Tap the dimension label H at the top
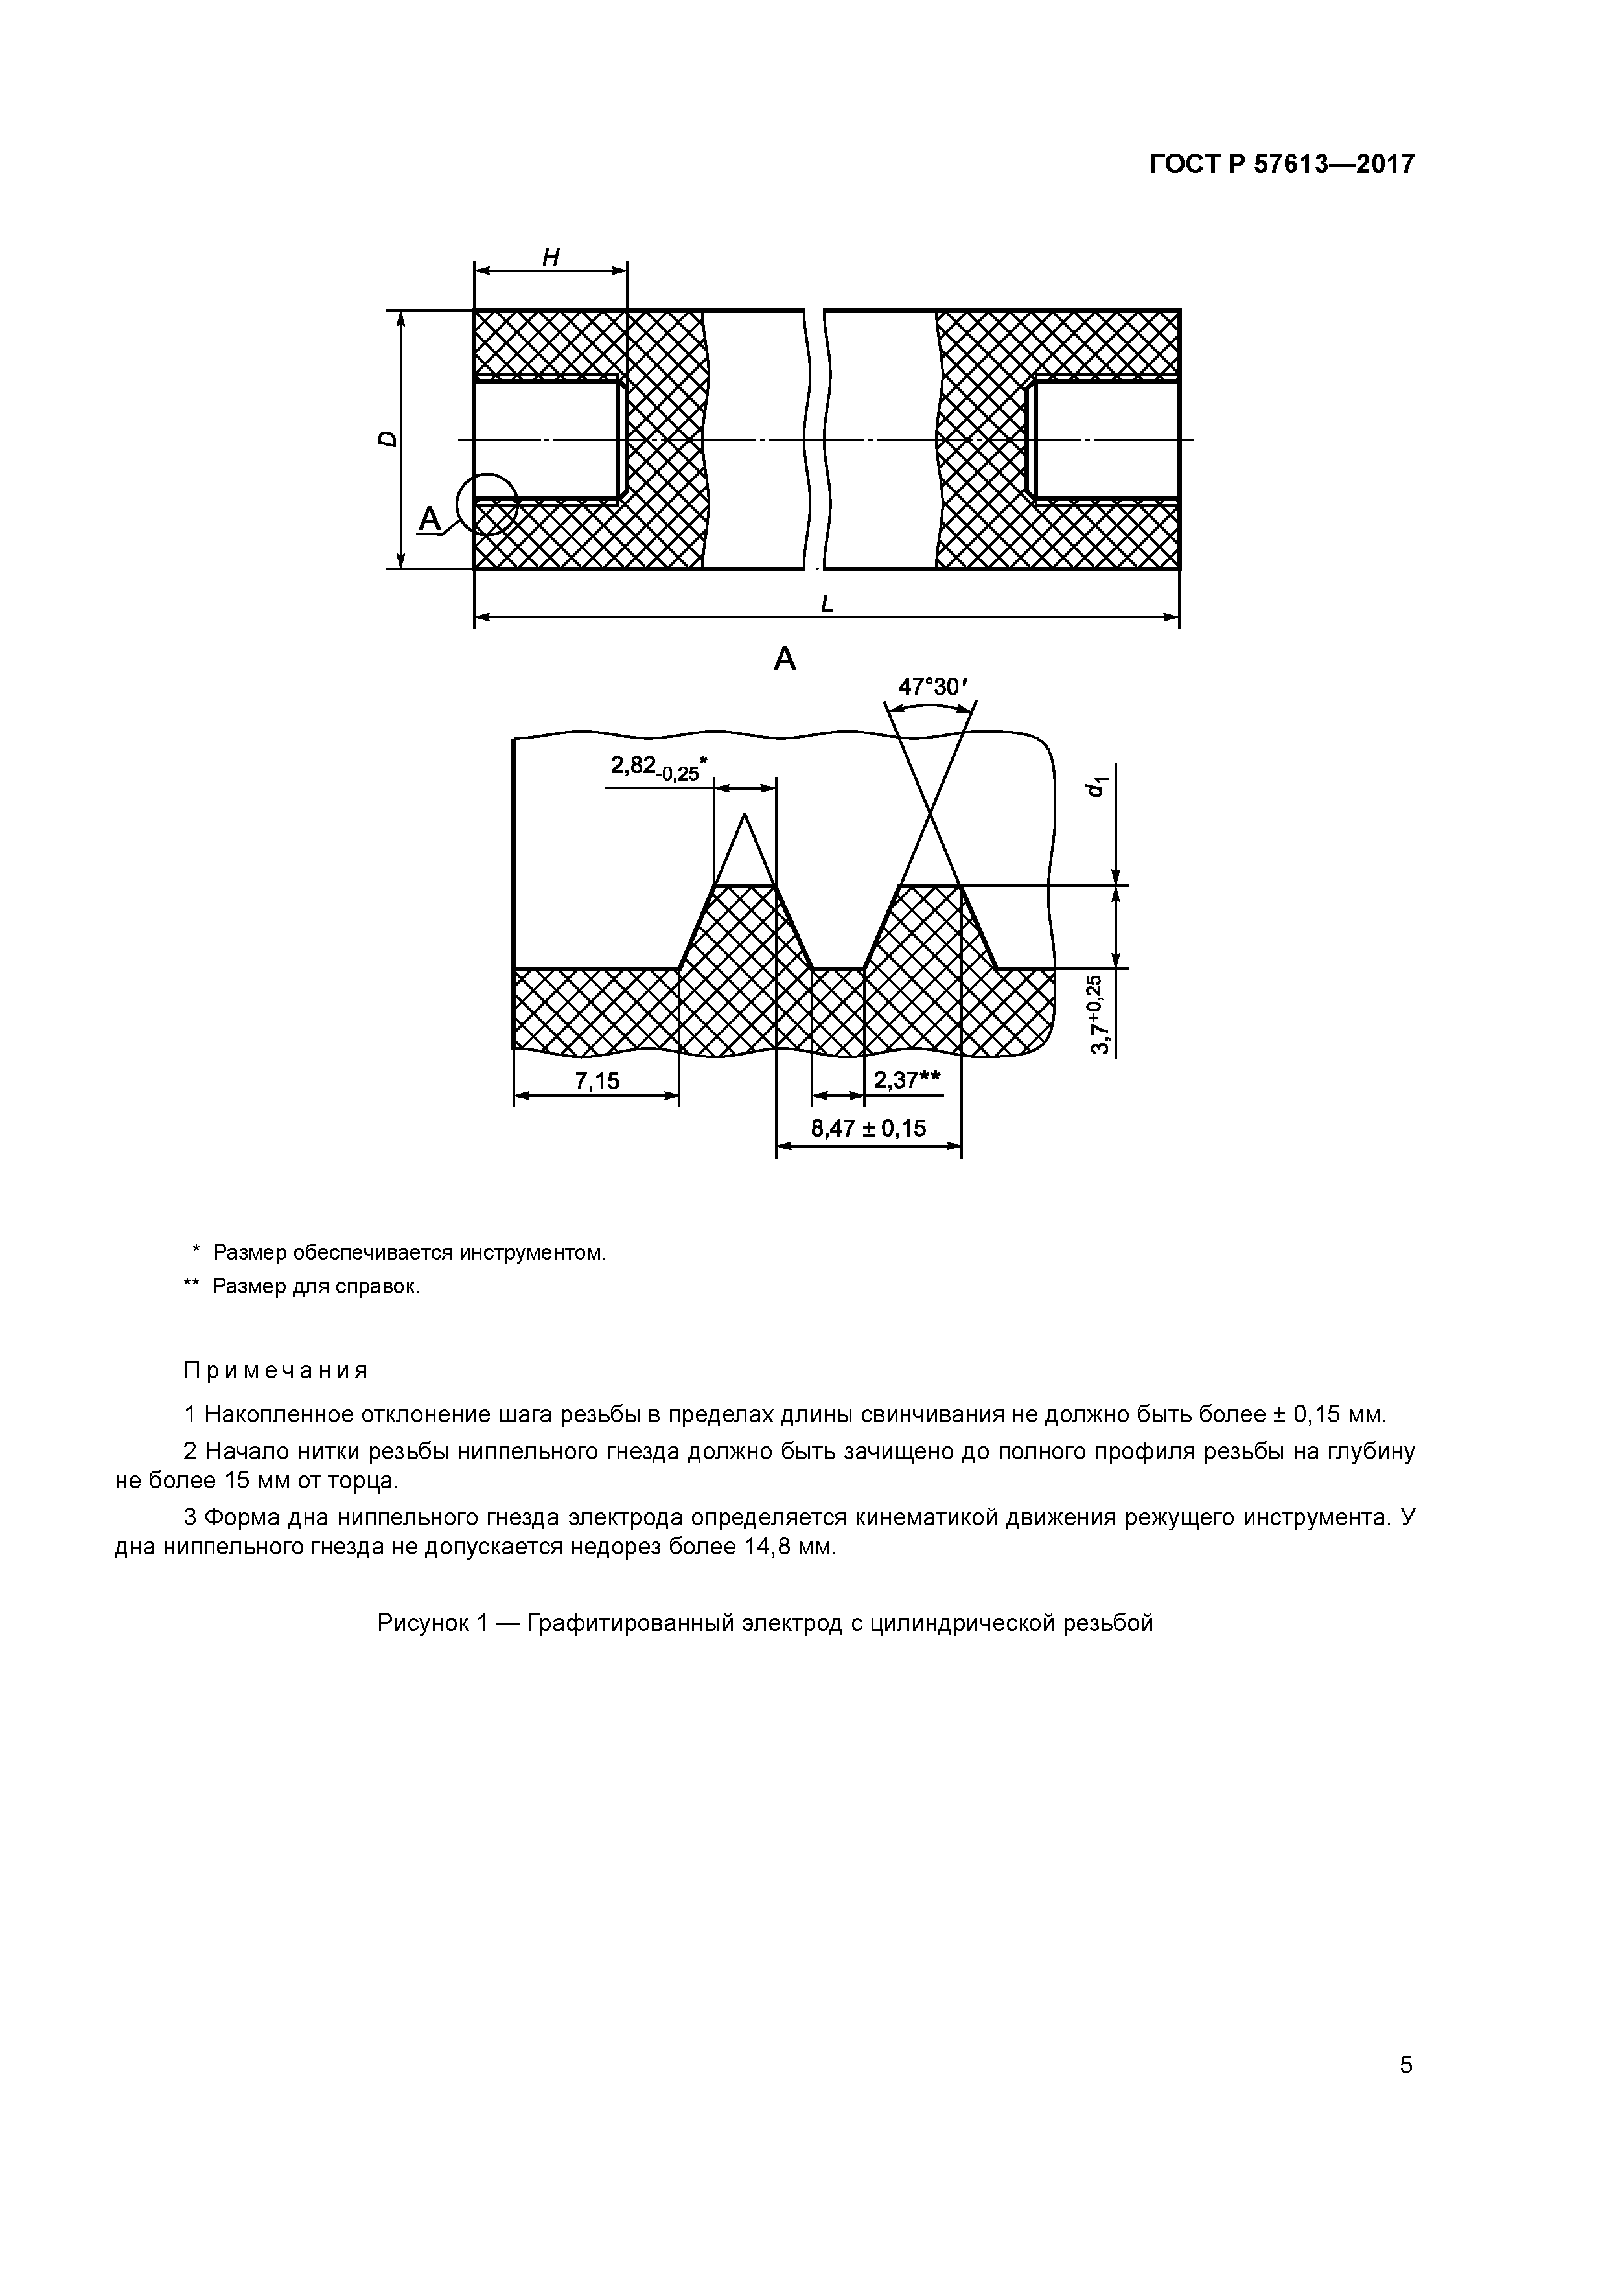551,257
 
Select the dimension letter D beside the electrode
389,439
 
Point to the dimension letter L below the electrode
827,602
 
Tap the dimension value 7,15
597,1080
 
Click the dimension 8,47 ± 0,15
868,1127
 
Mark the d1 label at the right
1094,787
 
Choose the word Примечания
276,1371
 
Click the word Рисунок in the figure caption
424,1624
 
